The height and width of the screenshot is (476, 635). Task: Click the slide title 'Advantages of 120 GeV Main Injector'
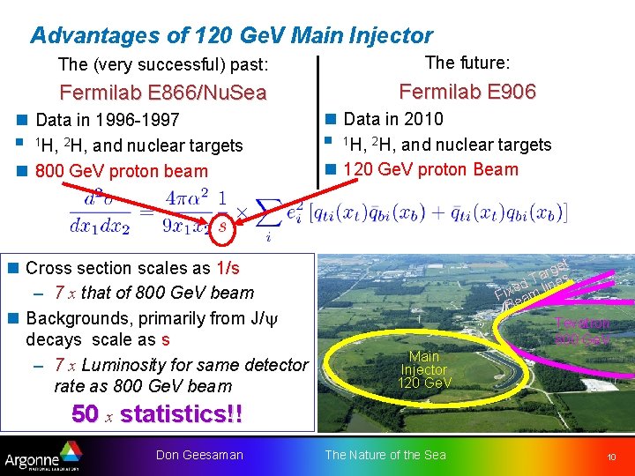[x=231, y=35]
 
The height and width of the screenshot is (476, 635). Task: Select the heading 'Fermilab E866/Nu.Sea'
[x=162, y=93]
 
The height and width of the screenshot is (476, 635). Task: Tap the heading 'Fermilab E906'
[x=467, y=92]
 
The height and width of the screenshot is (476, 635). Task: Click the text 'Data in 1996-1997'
[x=107, y=120]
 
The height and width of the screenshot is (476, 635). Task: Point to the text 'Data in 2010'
[x=392, y=119]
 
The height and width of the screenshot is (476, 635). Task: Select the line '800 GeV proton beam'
[x=121, y=171]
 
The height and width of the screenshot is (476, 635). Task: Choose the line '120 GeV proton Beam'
[x=430, y=169]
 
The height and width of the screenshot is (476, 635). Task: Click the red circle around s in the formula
[x=222, y=226]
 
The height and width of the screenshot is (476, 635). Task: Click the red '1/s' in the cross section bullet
[x=228, y=268]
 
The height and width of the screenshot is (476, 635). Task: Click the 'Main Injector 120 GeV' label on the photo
[x=424, y=369]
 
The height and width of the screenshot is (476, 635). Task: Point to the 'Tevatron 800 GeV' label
[x=581, y=331]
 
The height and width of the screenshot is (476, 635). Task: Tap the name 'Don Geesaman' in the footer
[x=198, y=455]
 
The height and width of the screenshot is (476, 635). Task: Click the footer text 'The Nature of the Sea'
[x=385, y=455]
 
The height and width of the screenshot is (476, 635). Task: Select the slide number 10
[x=610, y=456]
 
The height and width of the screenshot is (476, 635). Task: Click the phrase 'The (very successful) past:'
[x=163, y=64]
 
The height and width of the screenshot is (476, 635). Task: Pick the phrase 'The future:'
[x=467, y=63]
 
